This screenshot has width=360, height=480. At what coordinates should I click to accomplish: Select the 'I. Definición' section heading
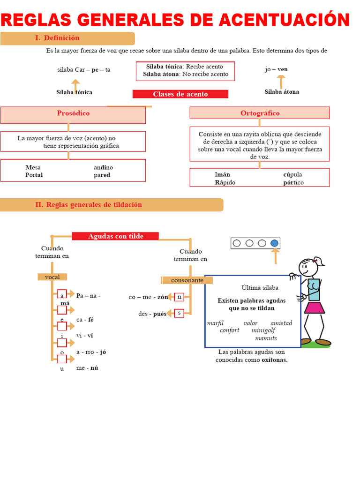(x=57, y=38)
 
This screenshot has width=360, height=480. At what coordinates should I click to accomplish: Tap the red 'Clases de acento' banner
(x=180, y=94)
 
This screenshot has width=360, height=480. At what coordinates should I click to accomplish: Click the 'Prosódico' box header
(x=73, y=113)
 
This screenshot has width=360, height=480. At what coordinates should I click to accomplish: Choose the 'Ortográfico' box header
(x=260, y=113)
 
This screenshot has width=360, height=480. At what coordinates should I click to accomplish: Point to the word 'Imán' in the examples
(x=222, y=175)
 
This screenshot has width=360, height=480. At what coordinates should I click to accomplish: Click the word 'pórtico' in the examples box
(x=293, y=182)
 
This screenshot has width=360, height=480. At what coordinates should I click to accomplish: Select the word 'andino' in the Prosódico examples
(x=103, y=167)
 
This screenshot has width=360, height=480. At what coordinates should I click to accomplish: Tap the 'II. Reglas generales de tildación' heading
(x=89, y=205)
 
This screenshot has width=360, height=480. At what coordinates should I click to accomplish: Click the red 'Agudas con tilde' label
(x=115, y=236)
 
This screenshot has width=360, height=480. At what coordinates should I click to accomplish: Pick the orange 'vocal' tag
(x=52, y=277)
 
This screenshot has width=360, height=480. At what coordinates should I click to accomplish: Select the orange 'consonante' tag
(x=187, y=280)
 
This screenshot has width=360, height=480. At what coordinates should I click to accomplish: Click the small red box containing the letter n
(x=179, y=297)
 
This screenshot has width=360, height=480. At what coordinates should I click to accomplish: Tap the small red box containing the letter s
(x=179, y=313)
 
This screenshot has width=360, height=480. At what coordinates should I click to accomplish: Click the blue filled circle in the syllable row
(x=274, y=243)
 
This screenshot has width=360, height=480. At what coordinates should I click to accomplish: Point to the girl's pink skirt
(x=314, y=307)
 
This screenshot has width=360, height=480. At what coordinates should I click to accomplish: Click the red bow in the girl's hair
(x=317, y=259)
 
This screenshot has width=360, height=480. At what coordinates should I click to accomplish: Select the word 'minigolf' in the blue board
(x=263, y=330)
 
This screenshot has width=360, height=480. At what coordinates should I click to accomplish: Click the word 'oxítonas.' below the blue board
(x=274, y=360)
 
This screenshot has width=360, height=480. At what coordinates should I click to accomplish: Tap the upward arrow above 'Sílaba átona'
(x=281, y=82)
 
